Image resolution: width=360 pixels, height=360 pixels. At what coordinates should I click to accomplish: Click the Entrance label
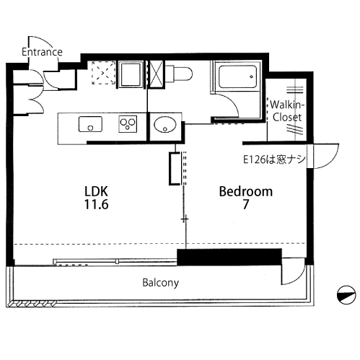pyautogui.click(x=42, y=52)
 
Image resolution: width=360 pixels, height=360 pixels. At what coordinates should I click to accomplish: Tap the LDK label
pyautogui.click(x=96, y=191)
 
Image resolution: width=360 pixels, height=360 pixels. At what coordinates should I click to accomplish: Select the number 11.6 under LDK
pyautogui.click(x=96, y=204)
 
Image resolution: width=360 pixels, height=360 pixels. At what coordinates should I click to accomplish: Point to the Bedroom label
pyautogui.click(x=246, y=192)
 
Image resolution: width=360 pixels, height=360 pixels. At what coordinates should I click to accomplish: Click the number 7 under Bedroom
pyautogui.click(x=245, y=205)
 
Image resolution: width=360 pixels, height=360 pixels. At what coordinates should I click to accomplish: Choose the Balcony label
pyautogui.click(x=161, y=283)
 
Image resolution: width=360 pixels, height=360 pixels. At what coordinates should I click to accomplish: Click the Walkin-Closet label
pyautogui.click(x=287, y=111)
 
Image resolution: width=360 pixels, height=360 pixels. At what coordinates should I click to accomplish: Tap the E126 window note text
pyautogui.click(x=274, y=159)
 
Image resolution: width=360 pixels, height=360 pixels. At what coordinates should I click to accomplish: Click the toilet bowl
pyautogui.click(x=179, y=74)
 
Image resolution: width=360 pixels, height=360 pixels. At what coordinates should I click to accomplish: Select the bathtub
pyautogui.click(x=237, y=76)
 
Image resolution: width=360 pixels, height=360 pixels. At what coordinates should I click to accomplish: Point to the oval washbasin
pyautogui.click(x=165, y=125)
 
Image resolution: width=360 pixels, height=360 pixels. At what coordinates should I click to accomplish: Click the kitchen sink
pyautogui.click(x=90, y=124)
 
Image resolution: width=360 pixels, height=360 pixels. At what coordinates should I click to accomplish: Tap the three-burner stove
pyautogui.click(x=128, y=124)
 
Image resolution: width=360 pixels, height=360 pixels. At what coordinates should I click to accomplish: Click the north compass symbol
pyautogui.click(x=346, y=295)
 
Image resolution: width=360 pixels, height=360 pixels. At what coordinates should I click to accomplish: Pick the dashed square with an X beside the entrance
pyautogui.click(x=104, y=72)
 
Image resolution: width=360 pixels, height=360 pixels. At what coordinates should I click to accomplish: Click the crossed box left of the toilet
pyautogui.click(x=157, y=74)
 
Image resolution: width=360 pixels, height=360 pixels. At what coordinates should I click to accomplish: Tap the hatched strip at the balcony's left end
pyautogui.click(x=31, y=304)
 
